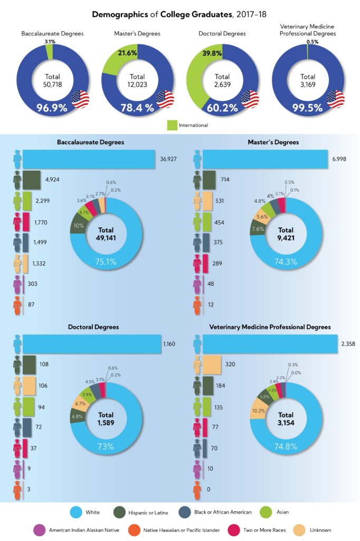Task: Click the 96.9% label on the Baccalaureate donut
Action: click(x=52, y=108)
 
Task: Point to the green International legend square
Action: click(x=172, y=125)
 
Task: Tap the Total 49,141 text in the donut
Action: click(x=106, y=234)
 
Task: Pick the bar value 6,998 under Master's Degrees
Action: click(x=341, y=158)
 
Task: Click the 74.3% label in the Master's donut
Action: click(x=286, y=262)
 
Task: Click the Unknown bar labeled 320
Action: click(x=212, y=365)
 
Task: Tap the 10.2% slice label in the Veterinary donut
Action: click(x=259, y=411)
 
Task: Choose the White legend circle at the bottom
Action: click(x=77, y=511)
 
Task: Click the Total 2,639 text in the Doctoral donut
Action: click(x=222, y=80)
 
